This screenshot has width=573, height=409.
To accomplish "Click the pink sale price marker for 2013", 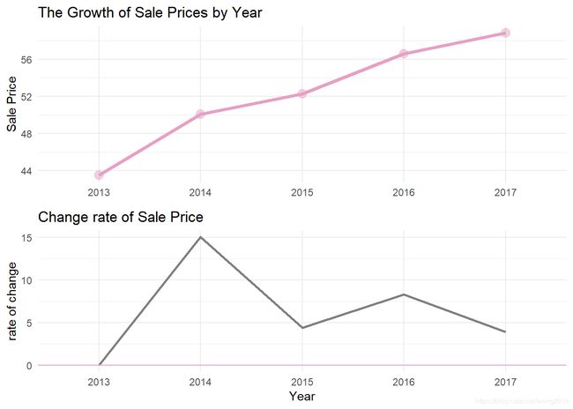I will coord(99,175).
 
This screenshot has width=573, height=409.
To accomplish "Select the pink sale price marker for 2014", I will coord(200,115).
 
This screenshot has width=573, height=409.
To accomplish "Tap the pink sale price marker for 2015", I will coord(302,93).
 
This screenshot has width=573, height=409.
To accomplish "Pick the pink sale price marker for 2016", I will coord(404,54).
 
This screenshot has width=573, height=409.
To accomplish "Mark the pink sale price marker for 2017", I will coord(505,33).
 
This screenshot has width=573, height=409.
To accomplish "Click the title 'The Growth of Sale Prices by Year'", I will coord(150,12).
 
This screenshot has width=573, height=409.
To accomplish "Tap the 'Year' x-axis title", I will coord(302,397).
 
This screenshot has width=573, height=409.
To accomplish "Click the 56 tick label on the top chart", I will coord(26,59).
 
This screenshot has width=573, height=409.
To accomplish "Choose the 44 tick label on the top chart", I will coord(26,170).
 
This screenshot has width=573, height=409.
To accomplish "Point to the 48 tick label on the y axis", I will coord(26,133).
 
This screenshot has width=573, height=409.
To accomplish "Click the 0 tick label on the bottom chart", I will coord(30,365).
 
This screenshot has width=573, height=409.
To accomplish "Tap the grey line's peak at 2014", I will coord(200,237).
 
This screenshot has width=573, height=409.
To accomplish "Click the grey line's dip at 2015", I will coord(302,328).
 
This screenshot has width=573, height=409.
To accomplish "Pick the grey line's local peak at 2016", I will coord(404,294).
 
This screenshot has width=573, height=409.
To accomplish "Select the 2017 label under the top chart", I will coord(505,191).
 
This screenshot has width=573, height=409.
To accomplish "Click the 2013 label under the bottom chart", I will coord(99,381).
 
